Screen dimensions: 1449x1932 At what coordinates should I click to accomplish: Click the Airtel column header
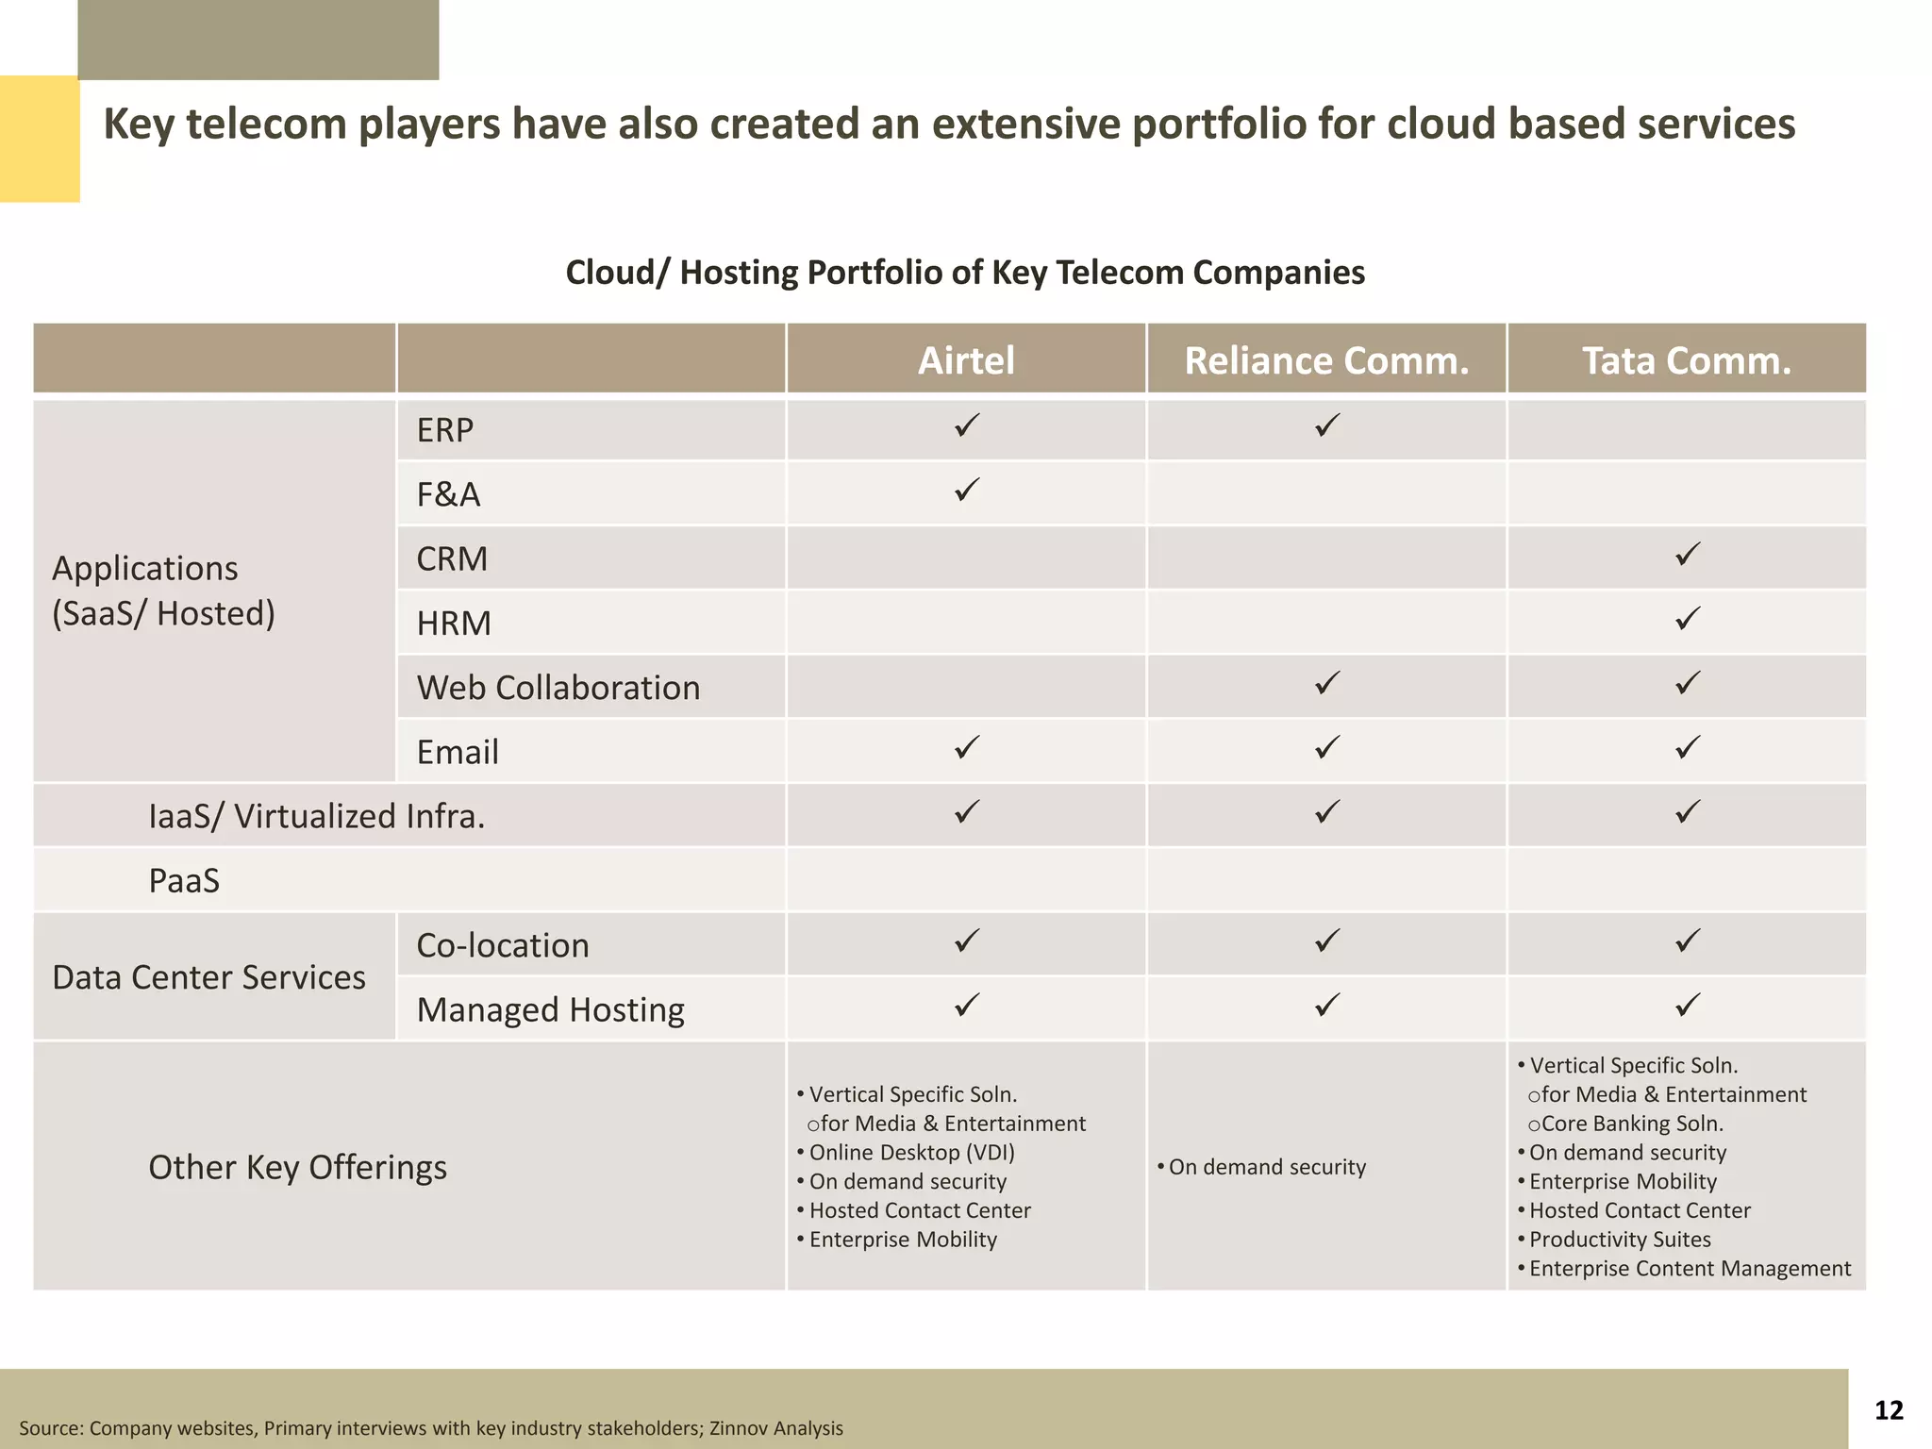click(x=966, y=360)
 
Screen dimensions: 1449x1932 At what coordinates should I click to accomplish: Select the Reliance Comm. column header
click(x=1326, y=360)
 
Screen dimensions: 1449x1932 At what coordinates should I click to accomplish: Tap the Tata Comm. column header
click(x=1687, y=360)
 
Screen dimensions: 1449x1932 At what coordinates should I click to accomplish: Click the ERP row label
click(x=445, y=430)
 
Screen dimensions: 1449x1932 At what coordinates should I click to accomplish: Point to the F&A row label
click(x=449, y=494)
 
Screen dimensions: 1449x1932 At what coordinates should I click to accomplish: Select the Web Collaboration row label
click(x=558, y=688)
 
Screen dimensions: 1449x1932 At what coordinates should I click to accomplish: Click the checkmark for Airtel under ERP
click(x=967, y=426)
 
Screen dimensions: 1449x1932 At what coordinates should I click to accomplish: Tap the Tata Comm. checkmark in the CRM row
click(x=1688, y=555)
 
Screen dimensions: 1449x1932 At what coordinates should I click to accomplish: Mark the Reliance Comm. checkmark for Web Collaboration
click(x=1327, y=683)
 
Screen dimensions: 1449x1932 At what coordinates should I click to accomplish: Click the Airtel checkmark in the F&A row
click(x=967, y=491)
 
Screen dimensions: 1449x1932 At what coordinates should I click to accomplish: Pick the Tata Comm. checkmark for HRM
click(x=1688, y=619)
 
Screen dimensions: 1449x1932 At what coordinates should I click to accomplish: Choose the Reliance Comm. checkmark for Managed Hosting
click(x=1327, y=1006)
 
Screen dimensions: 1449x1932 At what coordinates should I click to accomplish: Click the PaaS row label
click(x=184, y=881)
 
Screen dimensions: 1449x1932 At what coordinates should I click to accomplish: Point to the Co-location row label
click(x=503, y=945)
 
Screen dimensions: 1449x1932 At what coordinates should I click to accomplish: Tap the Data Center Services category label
click(x=208, y=977)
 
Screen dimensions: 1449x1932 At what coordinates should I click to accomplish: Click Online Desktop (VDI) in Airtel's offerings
click(x=911, y=1153)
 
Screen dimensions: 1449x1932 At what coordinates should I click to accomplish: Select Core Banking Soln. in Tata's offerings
click(x=1631, y=1124)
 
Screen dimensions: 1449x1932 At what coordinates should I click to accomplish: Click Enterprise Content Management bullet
click(x=1690, y=1269)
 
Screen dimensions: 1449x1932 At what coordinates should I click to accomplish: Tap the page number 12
click(x=1889, y=1410)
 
